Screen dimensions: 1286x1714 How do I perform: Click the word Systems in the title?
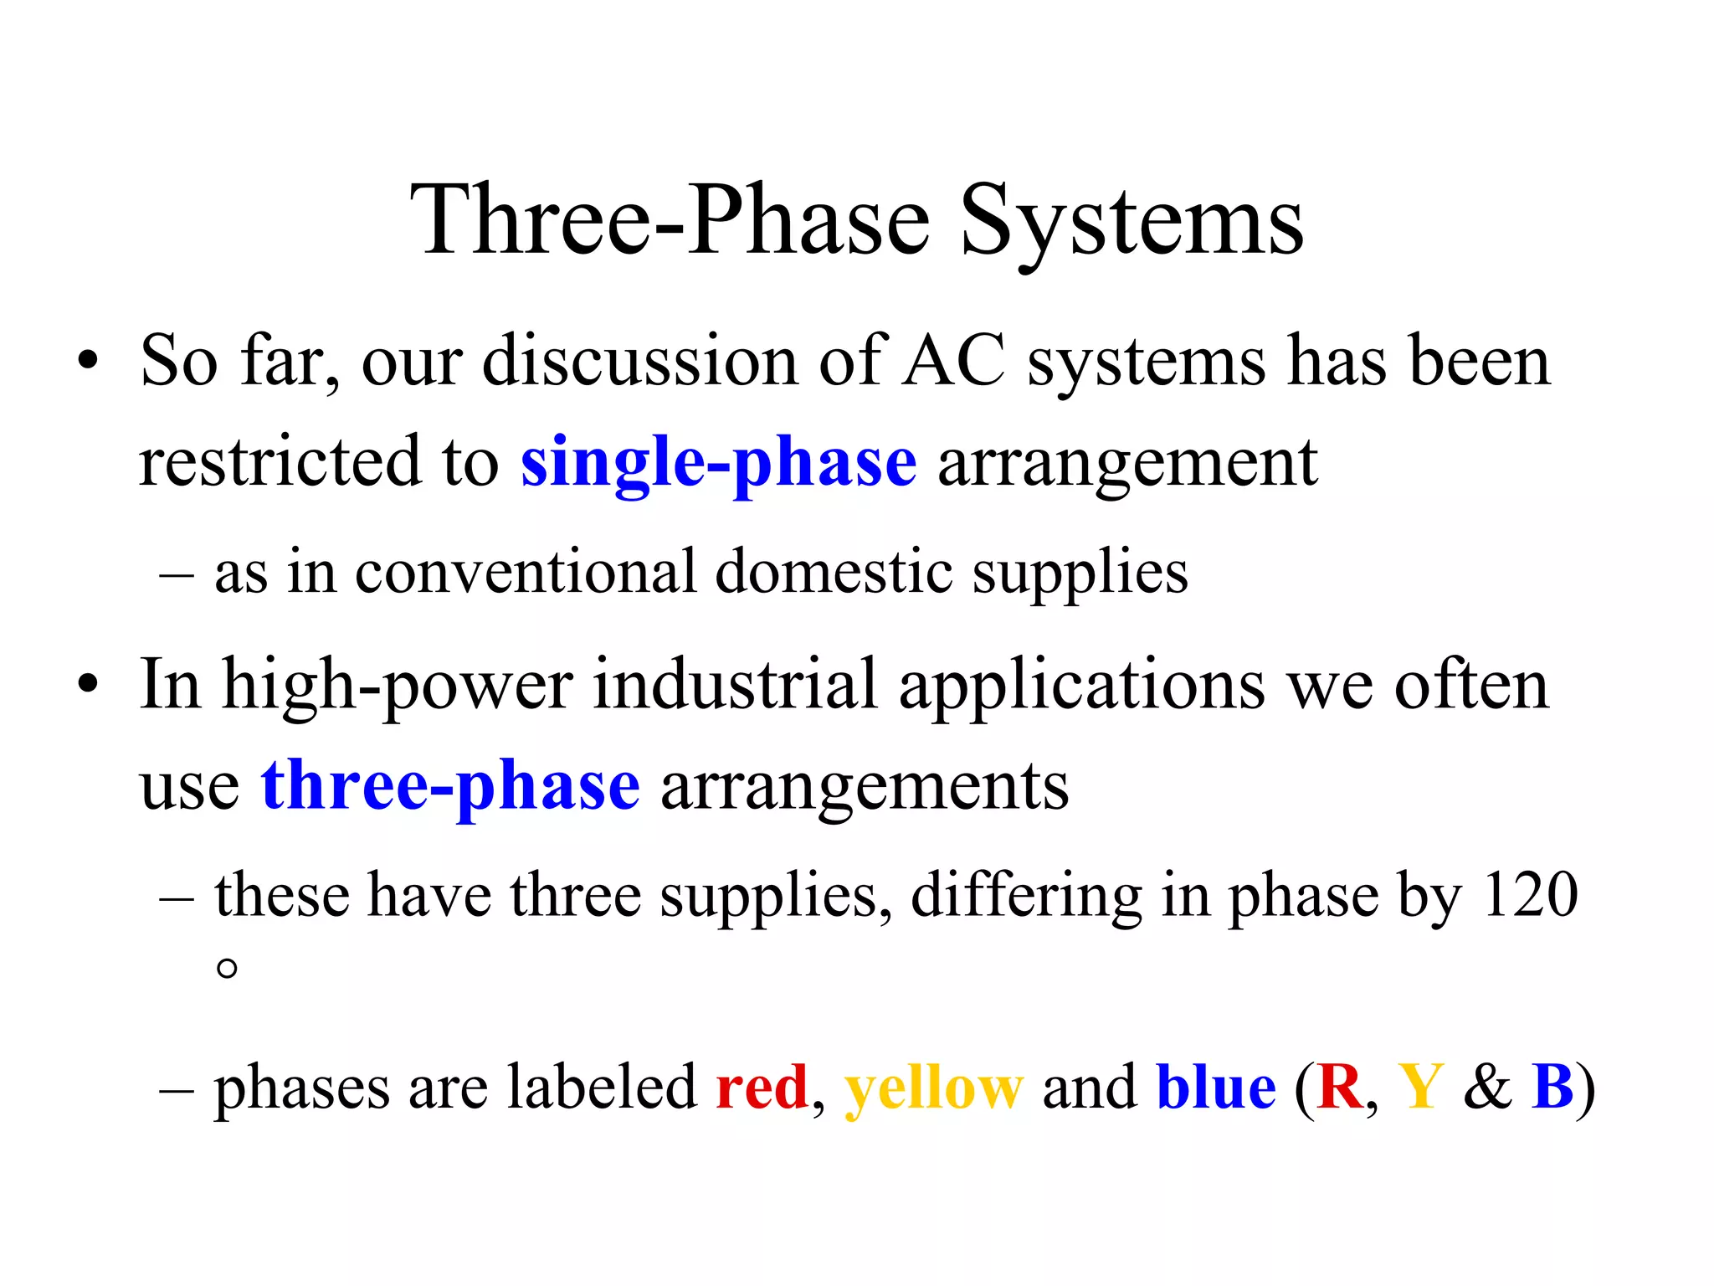coord(1131,222)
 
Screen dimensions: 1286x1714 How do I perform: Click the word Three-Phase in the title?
coord(669,222)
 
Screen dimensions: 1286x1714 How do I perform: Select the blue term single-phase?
coord(718,463)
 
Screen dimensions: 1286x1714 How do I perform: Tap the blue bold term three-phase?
coord(450,787)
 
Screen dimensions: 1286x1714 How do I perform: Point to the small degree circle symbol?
coord(226,969)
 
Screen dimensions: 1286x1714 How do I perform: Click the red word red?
coord(762,1088)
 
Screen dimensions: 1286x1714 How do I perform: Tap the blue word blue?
coord(1215,1088)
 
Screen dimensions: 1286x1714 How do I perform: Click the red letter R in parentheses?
coord(1339,1088)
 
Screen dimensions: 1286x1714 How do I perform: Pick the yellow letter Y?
coord(1421,1088)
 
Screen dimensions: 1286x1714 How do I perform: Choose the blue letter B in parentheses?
coord(1552,1088)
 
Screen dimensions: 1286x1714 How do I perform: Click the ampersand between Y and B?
coord(1487,1088)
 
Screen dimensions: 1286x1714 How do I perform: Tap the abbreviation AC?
coord(954,362)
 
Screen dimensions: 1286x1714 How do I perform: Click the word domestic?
coord(834,573)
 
